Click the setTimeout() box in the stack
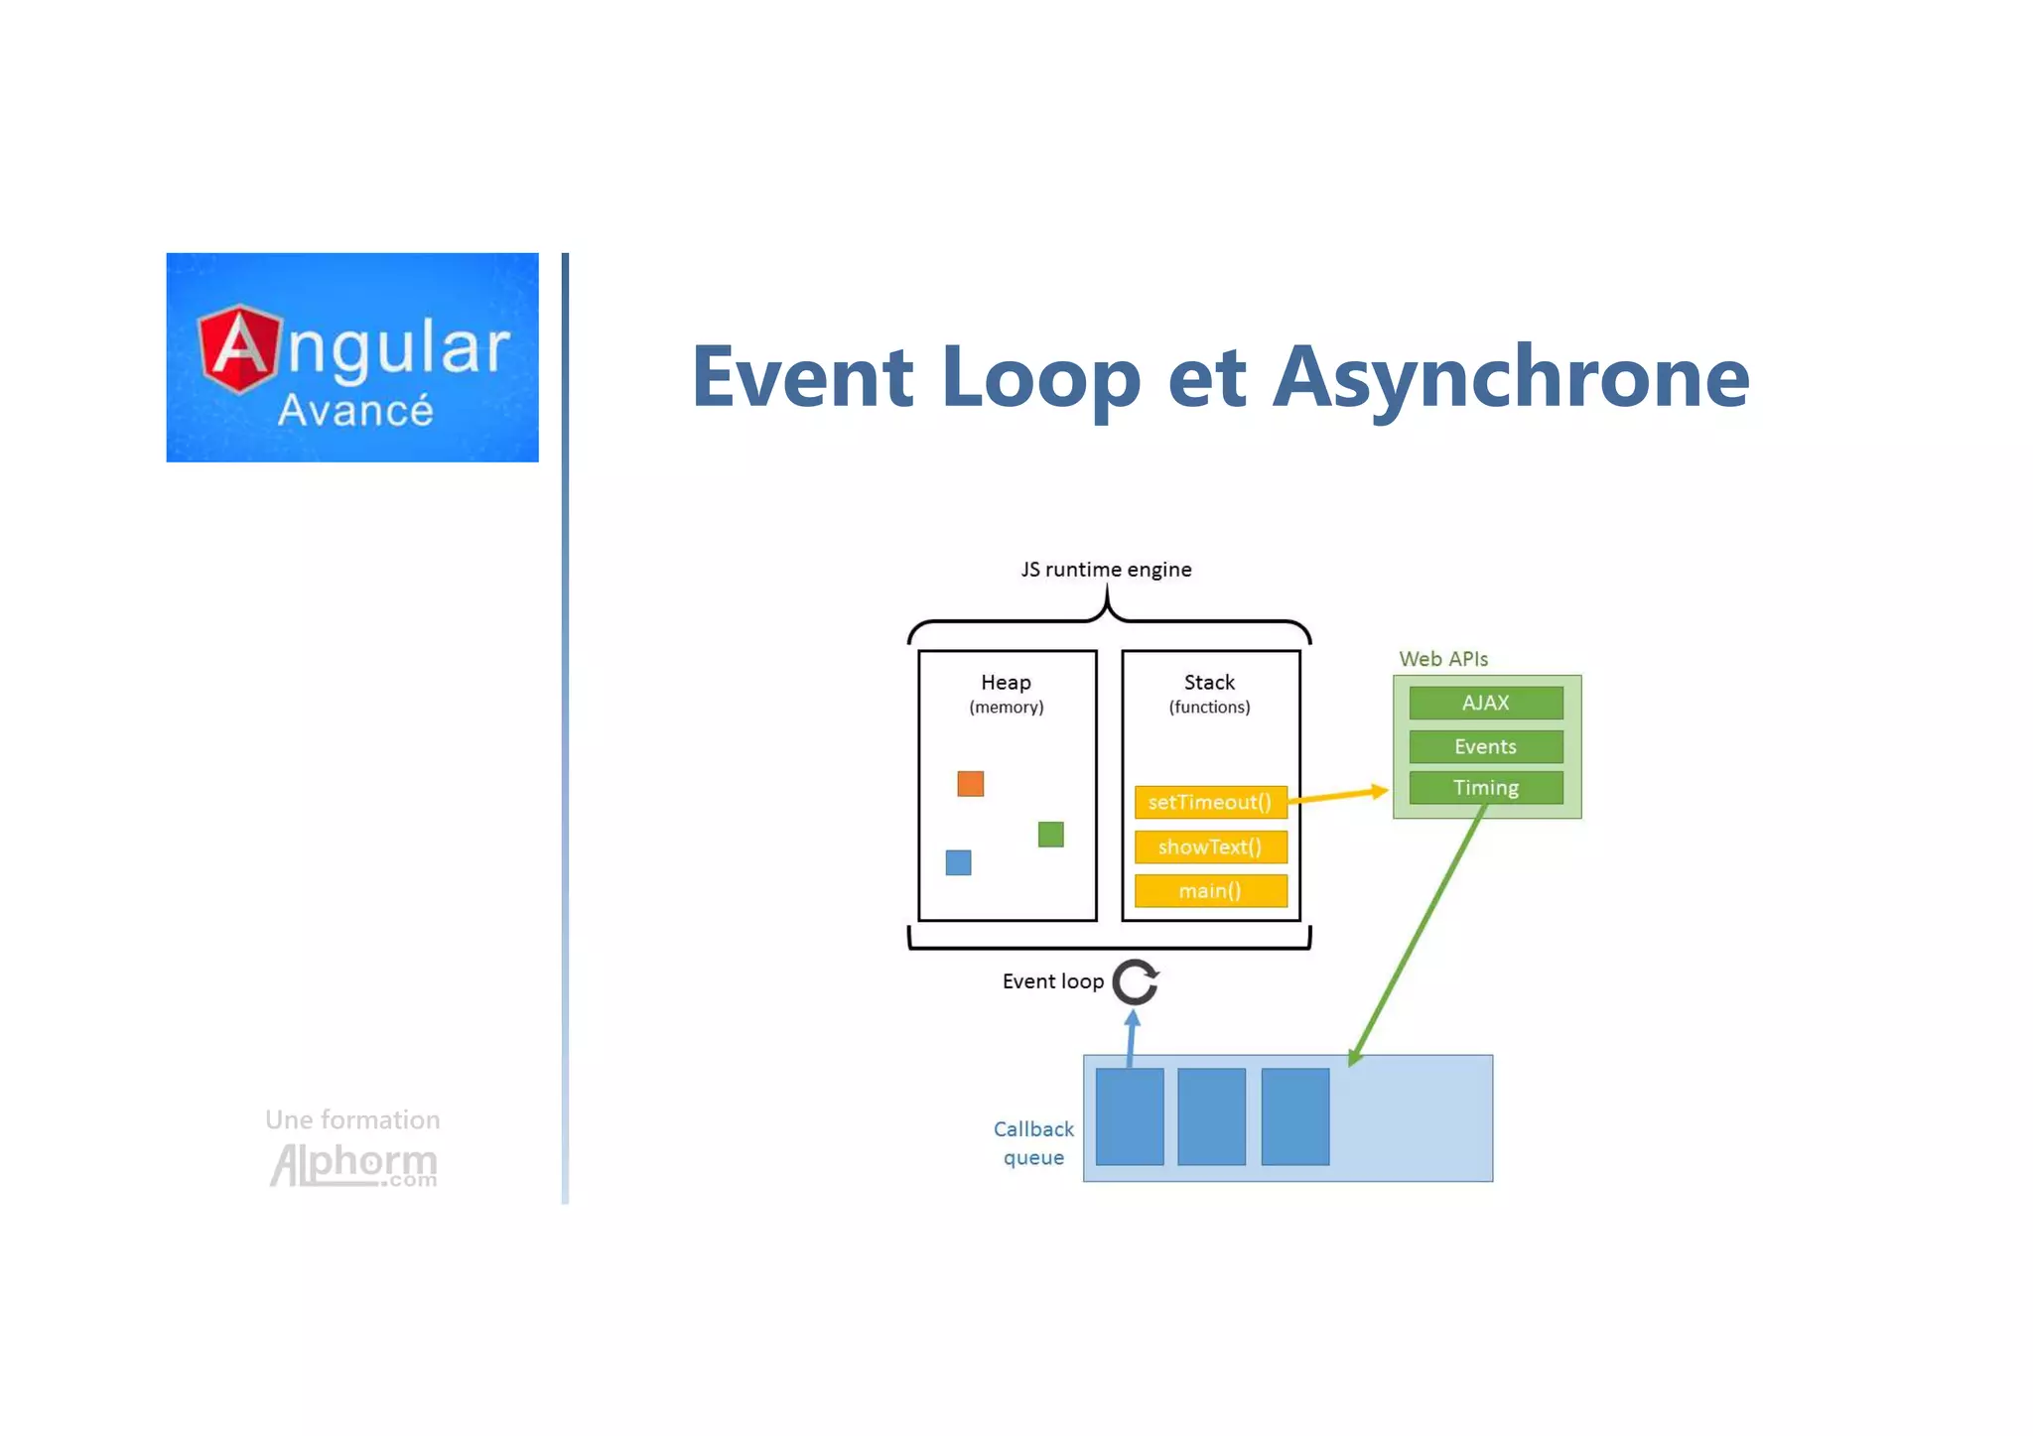[1210, 802]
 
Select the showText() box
[1210, 847]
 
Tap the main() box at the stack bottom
[1210, 890]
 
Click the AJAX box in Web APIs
[1485, 703]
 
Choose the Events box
[1485, 746]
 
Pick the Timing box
[1485, 788]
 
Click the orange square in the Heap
[970, 784]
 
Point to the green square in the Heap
[1050, 835]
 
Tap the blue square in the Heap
[958, 862]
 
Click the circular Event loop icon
[1135, 982]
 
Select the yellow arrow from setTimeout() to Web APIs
[1337, 795]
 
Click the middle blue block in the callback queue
[1211, 1116]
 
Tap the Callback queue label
[1033, 1143]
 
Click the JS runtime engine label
[1106, 570]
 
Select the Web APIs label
[1442, 659]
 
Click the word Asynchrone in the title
[1510, 377]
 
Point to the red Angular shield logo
[238, 349]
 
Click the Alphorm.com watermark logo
[353, 1165]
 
